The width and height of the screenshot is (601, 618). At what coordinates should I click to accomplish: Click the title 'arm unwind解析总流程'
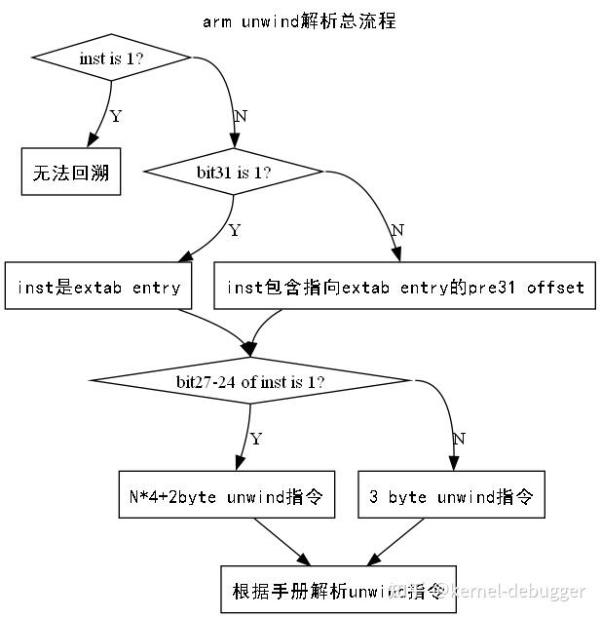[299, 20]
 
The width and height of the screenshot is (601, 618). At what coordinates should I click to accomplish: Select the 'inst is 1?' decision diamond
[112, 58]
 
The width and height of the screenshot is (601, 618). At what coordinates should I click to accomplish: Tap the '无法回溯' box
[71, 173]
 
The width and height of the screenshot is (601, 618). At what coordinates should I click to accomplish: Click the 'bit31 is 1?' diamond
[233, 173]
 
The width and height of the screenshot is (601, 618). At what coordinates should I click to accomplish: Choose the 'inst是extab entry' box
[97, 287]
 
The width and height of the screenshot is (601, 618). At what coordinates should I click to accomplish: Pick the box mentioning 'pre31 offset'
[404, 287]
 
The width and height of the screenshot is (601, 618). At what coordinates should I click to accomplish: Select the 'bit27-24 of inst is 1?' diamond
[250, 381]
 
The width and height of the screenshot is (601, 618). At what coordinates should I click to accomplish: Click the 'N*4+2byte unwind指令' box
[225, 496]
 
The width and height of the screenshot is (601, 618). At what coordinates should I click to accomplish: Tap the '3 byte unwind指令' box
[451, 496]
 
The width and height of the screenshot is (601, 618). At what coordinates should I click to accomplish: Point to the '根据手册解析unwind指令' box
[338, 590]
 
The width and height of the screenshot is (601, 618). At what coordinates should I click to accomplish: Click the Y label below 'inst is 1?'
[116, 117]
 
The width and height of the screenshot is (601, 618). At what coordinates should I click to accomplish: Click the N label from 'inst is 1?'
[242, 116]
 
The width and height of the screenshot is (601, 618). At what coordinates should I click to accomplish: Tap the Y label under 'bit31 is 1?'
[234, 231]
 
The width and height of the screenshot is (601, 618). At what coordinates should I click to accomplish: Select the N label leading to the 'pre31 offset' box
[396, 231]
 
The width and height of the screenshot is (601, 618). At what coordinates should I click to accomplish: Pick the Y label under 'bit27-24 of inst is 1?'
[256, 440]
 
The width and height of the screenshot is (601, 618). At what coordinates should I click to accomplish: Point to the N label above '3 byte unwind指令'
[459, 440]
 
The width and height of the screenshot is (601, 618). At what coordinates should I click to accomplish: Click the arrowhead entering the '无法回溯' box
[93, 142]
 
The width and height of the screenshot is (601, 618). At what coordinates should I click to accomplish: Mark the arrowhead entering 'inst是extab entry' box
[183, 256]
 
